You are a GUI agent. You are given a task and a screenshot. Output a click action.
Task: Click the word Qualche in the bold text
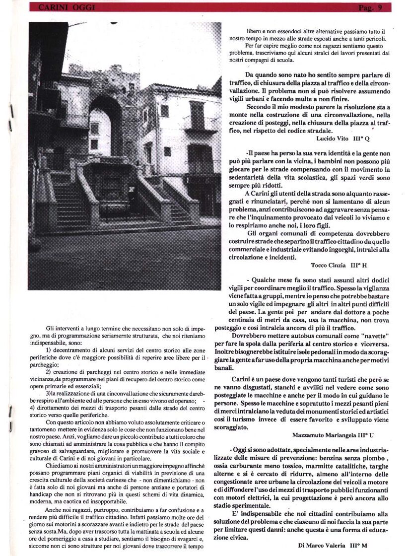pyautogui.click(x=272, y=280)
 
